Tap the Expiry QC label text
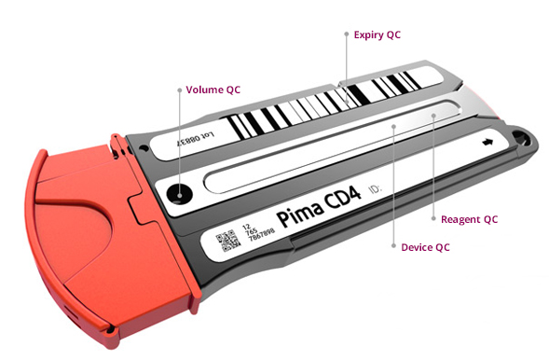click(377, 35)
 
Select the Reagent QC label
click(471, 219)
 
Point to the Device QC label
click(427, 248)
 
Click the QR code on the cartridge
click(226, 242)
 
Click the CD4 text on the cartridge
click(338, 202)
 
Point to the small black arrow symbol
click(486, 145)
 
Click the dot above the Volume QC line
click(179, 90)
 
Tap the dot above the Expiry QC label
click(346, 35)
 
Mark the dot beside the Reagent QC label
click(435, 219)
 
